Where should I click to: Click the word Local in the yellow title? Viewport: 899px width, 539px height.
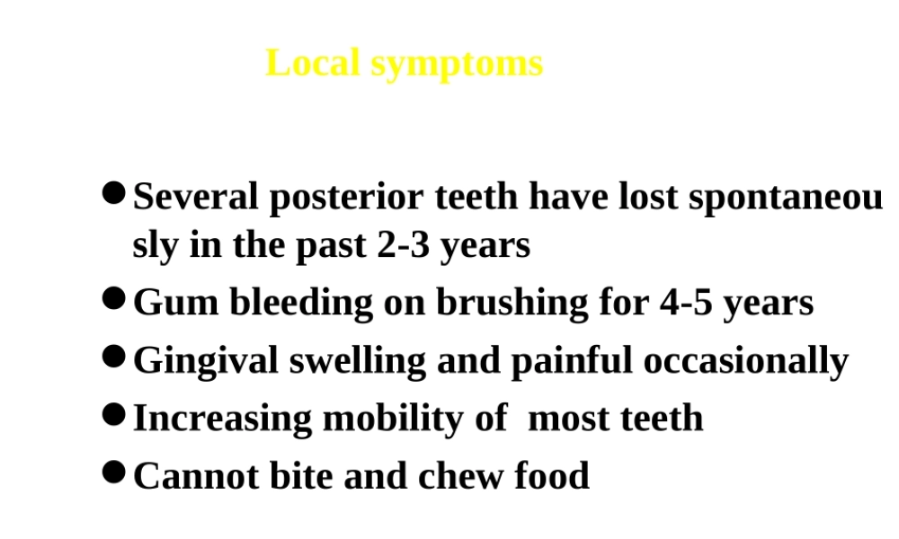coord(313,63)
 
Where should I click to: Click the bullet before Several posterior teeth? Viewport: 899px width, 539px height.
coord(113,193)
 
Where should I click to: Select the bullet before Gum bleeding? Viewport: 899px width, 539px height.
coord(113,298)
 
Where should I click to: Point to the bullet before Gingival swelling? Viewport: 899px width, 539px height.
coord(113,357)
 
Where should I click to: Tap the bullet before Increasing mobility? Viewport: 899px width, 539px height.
coord(113,414)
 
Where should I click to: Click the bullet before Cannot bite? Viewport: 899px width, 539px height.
coord(113,472)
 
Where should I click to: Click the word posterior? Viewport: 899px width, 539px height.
coord(346,199)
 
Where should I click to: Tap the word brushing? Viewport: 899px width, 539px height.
coord(512,304)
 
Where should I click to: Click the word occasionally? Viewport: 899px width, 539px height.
coord(746,362)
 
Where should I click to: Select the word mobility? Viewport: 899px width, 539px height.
coord(394,420)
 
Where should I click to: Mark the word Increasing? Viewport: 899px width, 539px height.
coord(222,420)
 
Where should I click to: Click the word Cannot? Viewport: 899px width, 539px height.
coord(196,475)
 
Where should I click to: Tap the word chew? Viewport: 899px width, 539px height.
coord(460,475)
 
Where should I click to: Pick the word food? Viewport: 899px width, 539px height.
coord(552,475)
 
